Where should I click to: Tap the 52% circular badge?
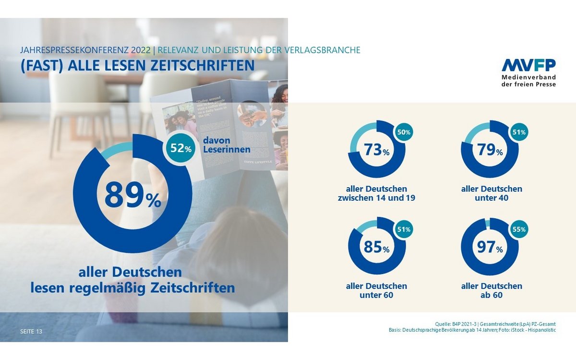click(x=181, y=148)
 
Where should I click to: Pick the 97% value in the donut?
click(x=490, y=248)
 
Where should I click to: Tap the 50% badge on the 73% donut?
click(x=403, y=132)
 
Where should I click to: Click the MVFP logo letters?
click(x=528, y=66)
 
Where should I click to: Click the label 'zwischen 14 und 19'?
click(x=376, y=198)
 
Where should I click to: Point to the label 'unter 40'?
click(x=491, y=198)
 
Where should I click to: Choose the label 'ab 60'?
click(x=491, y=295)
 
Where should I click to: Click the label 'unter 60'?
click(x=376, y=295)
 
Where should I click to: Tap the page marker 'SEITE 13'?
click(x=31, y=331)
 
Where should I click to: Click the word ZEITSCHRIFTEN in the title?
click(x=202, y=65)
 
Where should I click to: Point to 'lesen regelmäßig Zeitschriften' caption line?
click(x=132, y=288)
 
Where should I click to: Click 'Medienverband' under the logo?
click(x=528, y=77)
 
